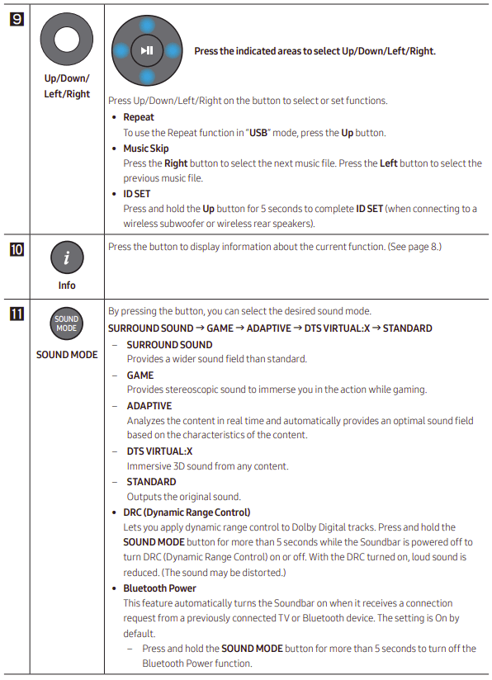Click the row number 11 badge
(x=16, y=313)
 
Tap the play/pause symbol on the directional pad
(x=146, y=50)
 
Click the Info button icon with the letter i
(x=67, y=259)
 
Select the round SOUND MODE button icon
(x=67, y=324)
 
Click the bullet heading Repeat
(x=139, y=117)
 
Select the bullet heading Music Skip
(x=146, y=149)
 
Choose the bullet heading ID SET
(x=137, y=194)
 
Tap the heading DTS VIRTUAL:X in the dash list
(x=159, y=451)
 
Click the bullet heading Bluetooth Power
(x=160, y=588)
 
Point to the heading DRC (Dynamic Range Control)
(x=187, y=512)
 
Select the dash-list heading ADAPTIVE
(x=149, y=405)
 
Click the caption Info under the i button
(x=67, y=286)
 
